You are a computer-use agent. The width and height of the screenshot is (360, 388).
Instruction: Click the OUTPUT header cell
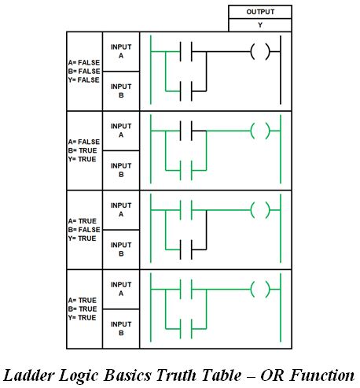point(260,12)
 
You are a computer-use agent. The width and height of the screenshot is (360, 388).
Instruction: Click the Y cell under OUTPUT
point(260,25)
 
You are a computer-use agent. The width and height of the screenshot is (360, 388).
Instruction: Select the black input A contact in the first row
point(186,51)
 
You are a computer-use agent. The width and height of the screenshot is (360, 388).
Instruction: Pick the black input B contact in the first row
point(186,91)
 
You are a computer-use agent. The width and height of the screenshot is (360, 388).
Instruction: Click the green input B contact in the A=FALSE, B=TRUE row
point(186,170)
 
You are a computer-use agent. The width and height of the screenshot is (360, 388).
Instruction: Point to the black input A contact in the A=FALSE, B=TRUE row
point(186,131)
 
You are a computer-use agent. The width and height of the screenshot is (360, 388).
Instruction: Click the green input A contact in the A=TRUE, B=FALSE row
point(186,210)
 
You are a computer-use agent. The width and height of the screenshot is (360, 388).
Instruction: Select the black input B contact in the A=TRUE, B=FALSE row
point(186,249)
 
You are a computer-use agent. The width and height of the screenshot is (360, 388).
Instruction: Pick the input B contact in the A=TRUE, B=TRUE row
point(186,329)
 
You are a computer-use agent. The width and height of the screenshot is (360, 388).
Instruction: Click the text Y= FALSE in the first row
point(84,80)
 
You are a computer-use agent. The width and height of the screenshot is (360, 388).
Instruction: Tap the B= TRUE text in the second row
point(83,150)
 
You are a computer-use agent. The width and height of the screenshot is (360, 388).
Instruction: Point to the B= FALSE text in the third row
point(84,230)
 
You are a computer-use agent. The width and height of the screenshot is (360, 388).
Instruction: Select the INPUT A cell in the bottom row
point(121,289)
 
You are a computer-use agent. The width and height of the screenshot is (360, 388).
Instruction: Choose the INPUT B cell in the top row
point(121,91)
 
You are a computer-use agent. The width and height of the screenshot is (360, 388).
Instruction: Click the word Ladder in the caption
point(28,375)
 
